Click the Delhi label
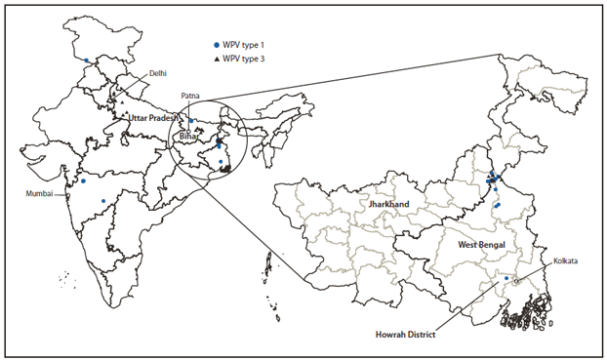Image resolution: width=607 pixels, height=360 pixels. tap(157, 73)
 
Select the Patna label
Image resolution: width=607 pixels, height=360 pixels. tap(191, 96)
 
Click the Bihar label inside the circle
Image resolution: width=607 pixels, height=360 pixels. tap(188, 138)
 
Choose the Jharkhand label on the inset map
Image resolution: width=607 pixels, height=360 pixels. tap(388, 204)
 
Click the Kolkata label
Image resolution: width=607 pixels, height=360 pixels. tap(563, 260)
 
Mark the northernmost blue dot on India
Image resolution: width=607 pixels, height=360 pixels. tap(87, 60)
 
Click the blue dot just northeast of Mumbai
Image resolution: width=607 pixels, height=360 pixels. tap(83, 180)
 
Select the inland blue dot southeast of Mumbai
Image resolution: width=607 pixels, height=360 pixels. tap(103, 201)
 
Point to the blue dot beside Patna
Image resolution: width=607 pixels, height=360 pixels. tap(191, 121)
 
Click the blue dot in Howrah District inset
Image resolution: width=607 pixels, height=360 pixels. tap(506, 280)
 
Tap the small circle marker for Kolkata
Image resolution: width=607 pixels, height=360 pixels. tap(516, 282)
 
